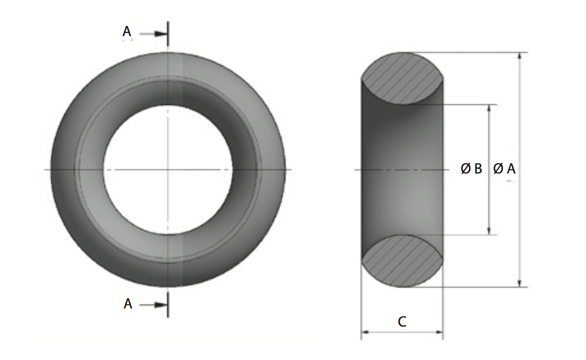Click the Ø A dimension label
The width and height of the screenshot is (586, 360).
click(x=504, y=169)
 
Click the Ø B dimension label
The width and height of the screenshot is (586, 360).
click(x=471, y=169)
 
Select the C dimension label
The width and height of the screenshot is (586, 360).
click(x=402, y=321)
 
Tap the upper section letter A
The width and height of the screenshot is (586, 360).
click(x=127, y=32)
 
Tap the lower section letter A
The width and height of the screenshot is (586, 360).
click(x=128, y=304)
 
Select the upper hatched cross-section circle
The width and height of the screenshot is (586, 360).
click(x=402, y=78)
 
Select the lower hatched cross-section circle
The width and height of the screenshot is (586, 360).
click(x=402, y=261)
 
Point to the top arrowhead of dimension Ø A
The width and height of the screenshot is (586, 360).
click(x=520, y=56)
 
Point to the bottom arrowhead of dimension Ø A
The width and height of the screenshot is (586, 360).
click(x=520, y=283)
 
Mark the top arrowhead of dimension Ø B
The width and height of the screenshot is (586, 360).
click(x=489, y=108)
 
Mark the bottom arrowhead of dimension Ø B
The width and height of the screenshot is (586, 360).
click(x=489, y=231)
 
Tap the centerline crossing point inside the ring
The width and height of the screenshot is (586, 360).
click(x=168, y=170)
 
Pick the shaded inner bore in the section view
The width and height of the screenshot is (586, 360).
click(x=402, y=170)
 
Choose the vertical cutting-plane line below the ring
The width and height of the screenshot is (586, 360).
click(x=168, y=304)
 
